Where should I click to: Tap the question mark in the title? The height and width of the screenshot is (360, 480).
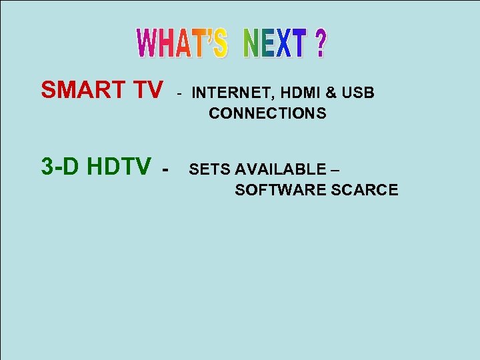tap(320, 43)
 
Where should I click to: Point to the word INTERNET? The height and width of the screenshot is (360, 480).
tap(229, 93)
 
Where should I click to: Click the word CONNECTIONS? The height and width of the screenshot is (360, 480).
tap(267, 113)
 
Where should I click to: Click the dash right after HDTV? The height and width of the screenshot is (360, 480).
tap(164, 168)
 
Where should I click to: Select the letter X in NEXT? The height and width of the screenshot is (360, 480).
tap(283, 43)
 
